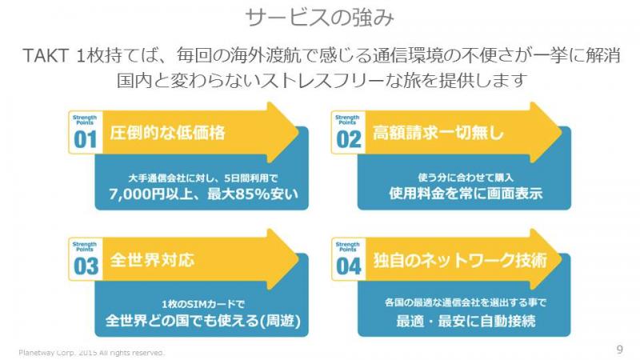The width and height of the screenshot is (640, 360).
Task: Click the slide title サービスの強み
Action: tap(319, 18)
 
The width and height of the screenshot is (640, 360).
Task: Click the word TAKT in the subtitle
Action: tap(45, 55)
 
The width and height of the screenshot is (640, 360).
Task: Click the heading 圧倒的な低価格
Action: tap(167, 133)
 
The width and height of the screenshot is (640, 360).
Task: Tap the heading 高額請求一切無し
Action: tap(438, 133)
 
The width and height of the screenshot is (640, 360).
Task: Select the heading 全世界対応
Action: tap(152, 259)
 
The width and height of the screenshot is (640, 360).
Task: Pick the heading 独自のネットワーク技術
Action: tap(460, 260)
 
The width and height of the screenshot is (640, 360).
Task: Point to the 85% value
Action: tap(251, 194)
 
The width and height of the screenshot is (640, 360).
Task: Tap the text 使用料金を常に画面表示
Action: tap(466, 193)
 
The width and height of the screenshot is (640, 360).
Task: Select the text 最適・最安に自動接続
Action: tap(466, 321)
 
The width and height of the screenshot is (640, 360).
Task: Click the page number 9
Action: tap(619, 350)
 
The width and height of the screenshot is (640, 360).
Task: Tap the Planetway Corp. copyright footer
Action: tap(91, 352)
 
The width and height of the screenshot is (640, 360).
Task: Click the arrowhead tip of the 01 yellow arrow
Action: tap(298, 133)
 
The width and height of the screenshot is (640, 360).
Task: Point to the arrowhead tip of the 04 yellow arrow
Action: tap(562, 259)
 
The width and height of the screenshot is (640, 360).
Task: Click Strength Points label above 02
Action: tap(347, 119)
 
